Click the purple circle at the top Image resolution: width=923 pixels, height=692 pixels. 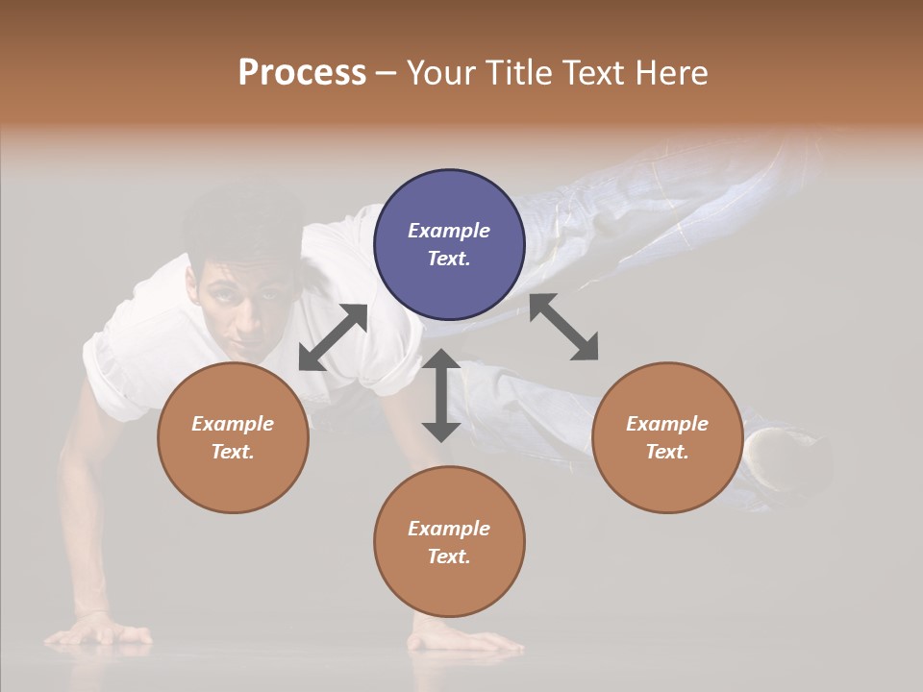(x=449, y=244)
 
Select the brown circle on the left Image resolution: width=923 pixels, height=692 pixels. (x=233, y=437)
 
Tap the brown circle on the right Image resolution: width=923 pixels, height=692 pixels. (x=667, y=437)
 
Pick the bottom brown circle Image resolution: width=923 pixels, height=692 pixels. (x=449, y=542)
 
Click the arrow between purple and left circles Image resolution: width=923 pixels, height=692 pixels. (x=333, y=337)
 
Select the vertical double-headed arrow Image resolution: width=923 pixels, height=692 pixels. (x=441, y=395)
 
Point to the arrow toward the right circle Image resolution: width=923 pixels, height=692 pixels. (x=563, y=328)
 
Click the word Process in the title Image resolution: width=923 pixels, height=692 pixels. (x=302, y=72)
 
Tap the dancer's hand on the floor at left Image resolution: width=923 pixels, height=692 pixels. (x=101, y=634)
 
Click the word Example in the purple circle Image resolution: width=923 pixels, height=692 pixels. (x=449, y=231)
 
